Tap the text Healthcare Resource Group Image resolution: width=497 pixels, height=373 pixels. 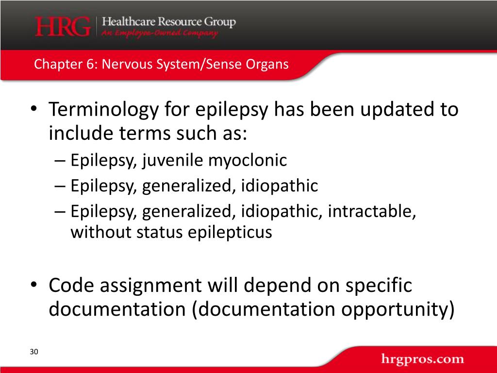point(168,22)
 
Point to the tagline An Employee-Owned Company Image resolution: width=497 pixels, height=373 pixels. point(159,34)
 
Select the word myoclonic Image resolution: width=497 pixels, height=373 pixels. point(248,160)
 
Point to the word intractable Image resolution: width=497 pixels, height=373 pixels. point(371,212)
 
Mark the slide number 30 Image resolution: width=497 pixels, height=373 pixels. point(33,352)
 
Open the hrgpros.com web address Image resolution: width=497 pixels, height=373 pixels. point(422,359)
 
